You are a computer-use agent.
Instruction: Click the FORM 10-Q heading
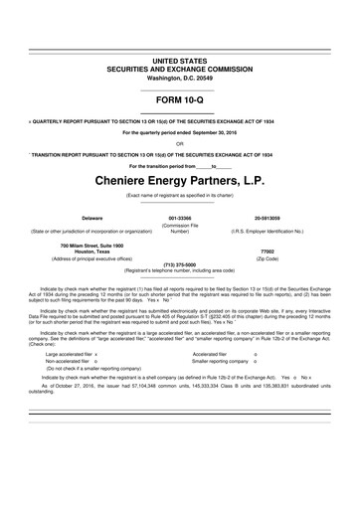(x=179, y=99)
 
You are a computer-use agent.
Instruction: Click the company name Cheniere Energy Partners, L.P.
(x=179, y=183)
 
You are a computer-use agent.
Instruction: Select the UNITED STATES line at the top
(x=179, y=61)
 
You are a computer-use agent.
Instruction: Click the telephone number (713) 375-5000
(x=179, y=264)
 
